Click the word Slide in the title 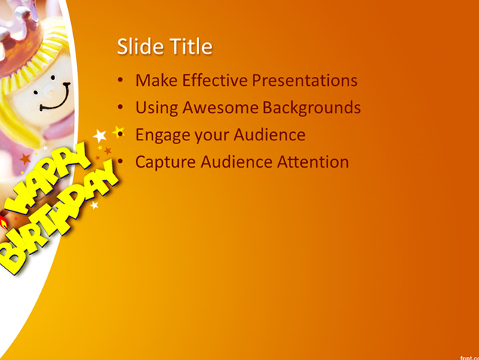tap(140, 47)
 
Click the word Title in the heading tap(191, 47)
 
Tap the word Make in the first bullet tap(156, 80)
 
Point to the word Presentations tap(305, 80)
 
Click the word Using tap(157, 108)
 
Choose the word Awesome tap(220, 108)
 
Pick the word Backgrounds tap(312, 108)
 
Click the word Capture tap(165, 162)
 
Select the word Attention tap(313, 162)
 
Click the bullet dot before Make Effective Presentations tap(121, 80)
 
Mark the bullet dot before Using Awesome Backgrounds tap(121, 107)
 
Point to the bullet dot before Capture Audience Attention tap(121, 161)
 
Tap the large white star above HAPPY tap(100, 135)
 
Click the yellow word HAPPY tap(48, 179)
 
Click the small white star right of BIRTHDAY tap(94, 205)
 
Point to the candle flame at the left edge tap(3, 222)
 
